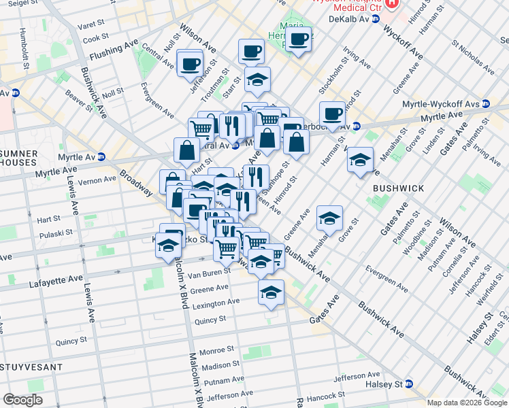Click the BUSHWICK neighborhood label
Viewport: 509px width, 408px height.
[399, 188]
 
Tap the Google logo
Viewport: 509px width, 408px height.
[22, 400]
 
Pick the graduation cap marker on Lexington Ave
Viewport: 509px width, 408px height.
[271, 292]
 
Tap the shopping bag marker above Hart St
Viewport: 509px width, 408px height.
[186, 150]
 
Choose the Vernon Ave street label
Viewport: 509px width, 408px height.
[97, 180]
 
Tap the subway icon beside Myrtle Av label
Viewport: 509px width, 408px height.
[101, 157]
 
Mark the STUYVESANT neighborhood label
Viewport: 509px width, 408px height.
[31, 367]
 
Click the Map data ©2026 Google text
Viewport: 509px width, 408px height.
[467, 402]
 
